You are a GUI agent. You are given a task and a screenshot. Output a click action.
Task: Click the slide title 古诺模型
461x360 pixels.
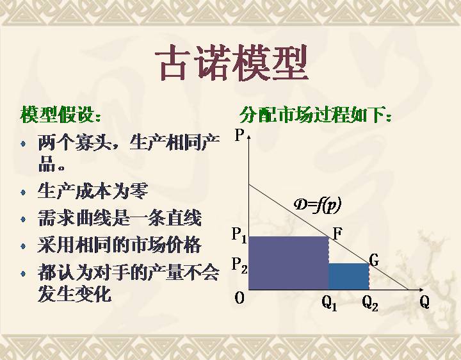231,63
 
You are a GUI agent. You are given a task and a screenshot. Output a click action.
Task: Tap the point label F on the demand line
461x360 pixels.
338,234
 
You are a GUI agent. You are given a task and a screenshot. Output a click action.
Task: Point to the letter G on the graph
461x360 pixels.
373,260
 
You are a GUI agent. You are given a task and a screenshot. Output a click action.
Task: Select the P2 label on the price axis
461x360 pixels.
239,265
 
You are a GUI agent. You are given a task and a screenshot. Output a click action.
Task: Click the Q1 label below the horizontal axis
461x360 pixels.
329,303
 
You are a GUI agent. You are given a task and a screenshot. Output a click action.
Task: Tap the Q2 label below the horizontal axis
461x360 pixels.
370,303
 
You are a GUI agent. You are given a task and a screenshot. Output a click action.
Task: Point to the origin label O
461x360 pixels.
239,299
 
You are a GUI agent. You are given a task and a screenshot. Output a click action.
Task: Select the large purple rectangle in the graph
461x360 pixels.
289,263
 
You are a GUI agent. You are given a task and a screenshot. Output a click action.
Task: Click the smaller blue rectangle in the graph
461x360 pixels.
349,277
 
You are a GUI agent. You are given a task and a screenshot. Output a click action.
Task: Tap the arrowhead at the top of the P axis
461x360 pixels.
249,136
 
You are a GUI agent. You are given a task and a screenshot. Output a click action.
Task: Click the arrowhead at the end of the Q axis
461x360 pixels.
421,290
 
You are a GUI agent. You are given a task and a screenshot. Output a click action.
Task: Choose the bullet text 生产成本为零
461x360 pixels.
93,191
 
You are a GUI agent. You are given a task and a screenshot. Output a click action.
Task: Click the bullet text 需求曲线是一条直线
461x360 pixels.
120,218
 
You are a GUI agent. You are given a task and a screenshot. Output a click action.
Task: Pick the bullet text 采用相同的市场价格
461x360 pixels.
119,245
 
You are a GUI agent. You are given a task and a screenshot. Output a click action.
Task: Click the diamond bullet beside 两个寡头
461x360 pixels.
23,144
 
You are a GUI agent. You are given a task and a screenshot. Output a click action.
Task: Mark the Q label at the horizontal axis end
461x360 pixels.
425,302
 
